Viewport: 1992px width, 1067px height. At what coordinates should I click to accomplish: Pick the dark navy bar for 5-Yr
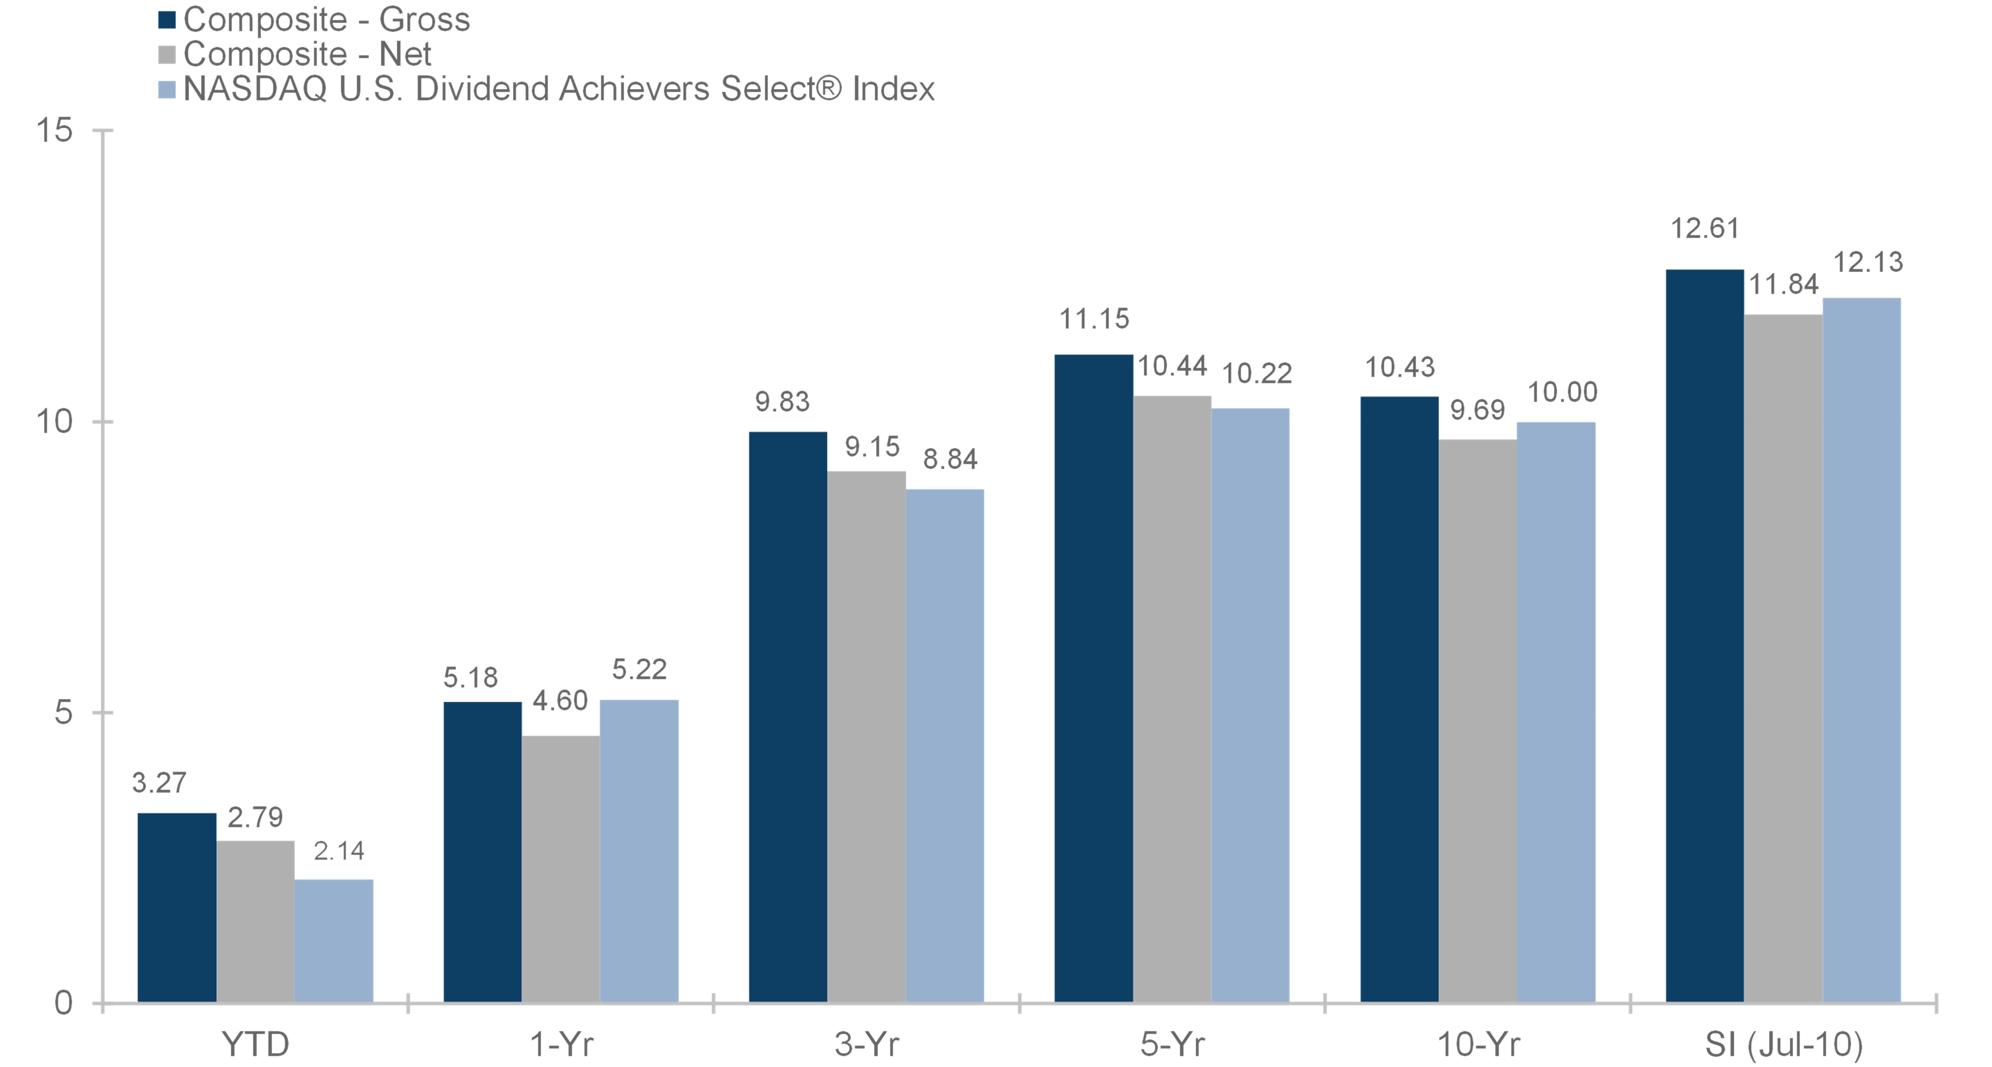(1094, 679)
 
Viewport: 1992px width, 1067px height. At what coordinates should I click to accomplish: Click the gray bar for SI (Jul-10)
(1783, 659)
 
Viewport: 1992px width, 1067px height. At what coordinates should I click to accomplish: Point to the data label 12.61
(1704, 229)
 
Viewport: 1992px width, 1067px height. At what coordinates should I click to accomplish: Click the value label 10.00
(1562, 392)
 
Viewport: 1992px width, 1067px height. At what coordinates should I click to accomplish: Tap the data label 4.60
(560, 701)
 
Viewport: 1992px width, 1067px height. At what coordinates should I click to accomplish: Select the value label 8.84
(950, 459)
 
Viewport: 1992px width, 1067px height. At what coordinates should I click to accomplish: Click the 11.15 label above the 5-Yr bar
(1094, 318)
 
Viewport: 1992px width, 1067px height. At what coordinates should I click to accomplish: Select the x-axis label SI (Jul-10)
(1783, 1045)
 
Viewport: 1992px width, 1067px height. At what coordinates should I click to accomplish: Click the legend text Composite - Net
(307, 54)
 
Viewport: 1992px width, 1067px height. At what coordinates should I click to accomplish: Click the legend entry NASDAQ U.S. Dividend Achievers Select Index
(558, 89)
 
